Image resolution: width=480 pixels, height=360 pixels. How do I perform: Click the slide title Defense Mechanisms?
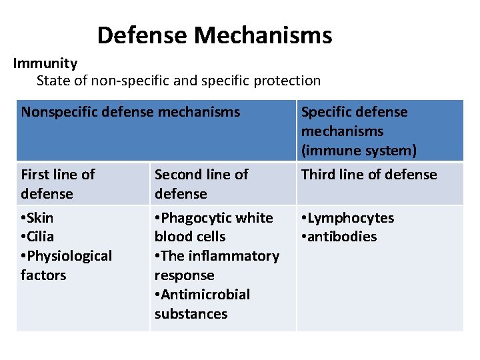coord(214,35)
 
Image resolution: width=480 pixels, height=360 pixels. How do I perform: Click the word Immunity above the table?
coord(45,63)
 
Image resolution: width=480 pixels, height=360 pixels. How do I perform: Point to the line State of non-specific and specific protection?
coord(178,81)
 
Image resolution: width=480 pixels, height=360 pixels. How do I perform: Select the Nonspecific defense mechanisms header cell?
coord(130,112)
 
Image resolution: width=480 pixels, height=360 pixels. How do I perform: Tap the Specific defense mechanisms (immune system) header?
coord(359,131)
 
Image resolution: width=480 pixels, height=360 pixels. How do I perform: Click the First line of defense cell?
coord(58,184)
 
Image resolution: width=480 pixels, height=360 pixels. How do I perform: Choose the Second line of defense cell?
coord(201,184)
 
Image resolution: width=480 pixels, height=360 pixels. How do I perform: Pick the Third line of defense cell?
coord(369,175)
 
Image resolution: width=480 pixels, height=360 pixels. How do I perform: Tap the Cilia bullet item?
coord(38,237)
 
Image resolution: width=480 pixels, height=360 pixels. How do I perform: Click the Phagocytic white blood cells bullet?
coord(213,227)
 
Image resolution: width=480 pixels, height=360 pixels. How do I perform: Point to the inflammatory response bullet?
coord(217,265)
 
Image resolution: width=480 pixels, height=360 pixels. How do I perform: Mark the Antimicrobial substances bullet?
coord(202,304)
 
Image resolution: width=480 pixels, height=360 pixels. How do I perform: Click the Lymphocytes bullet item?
coord(347,218)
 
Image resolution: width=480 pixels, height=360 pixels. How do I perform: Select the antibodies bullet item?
coord(339,237)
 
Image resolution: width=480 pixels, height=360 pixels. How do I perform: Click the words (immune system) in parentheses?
coord(359,151)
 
